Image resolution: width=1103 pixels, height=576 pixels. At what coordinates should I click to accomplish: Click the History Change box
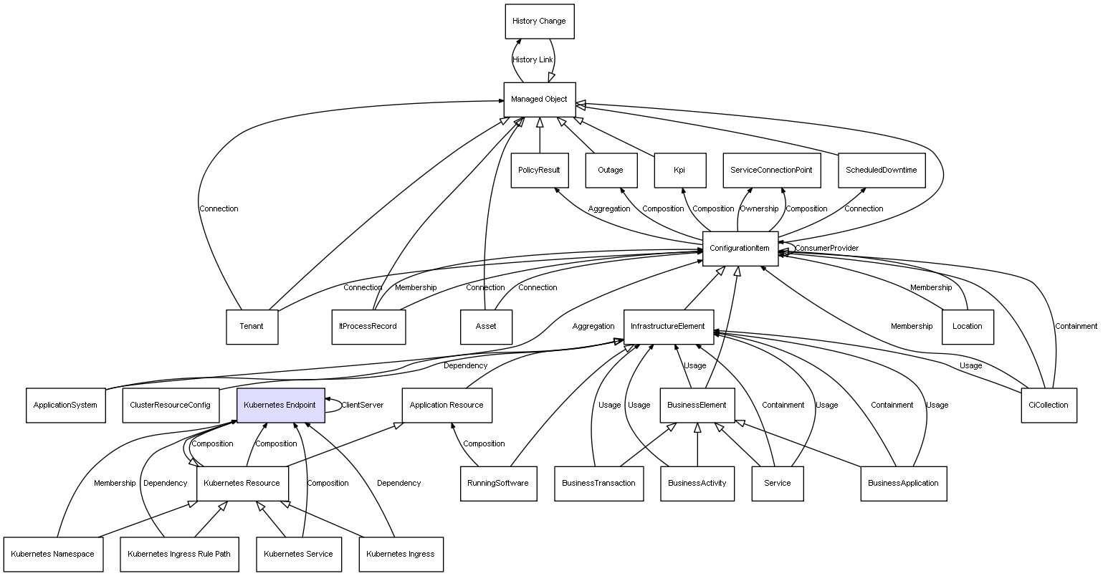539,21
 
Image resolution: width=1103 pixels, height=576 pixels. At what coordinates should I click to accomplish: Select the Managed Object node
539,100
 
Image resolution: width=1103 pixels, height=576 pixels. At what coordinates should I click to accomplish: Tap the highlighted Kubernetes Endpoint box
280,405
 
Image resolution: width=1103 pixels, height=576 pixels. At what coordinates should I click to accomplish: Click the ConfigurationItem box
740,249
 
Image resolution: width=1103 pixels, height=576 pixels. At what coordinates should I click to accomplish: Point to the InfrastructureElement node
668,327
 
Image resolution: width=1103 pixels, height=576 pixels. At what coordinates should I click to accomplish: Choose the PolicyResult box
539,171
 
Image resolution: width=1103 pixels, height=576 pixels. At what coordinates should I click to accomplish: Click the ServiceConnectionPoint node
771,171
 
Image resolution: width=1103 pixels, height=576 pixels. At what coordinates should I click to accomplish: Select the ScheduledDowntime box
881,171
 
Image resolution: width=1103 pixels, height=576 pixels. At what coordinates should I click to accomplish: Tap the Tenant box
252,327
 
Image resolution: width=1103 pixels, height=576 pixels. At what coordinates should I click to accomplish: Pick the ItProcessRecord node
368,327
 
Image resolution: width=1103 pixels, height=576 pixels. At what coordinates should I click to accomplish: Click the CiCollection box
1048,405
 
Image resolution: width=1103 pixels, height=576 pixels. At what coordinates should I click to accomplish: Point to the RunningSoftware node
497,484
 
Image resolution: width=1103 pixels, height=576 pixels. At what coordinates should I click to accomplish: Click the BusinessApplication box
903,484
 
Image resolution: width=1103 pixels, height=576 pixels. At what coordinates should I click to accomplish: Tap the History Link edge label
533,60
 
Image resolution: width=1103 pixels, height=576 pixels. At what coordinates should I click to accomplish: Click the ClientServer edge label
362,405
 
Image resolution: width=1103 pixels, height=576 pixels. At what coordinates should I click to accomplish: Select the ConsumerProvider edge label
826,249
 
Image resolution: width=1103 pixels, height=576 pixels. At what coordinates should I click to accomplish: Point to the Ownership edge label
759,209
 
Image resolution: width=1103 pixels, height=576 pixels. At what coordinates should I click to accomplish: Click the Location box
967,327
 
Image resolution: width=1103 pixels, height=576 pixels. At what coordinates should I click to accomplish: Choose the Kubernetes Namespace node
52,555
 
